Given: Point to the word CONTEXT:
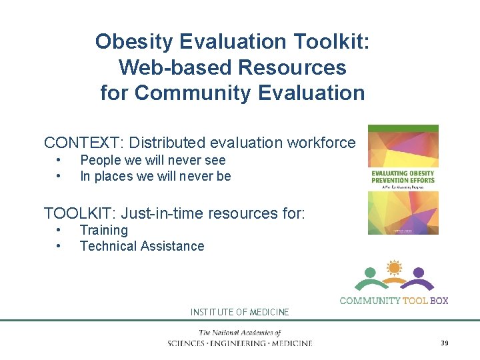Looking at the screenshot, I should point(84,143).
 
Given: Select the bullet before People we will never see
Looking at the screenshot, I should point(59,160).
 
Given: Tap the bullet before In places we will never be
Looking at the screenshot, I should point(59,176).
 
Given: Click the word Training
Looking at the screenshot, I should point(103,230).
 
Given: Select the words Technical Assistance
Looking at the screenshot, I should point(142,246).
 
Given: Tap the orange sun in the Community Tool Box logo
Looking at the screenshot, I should point(394,269).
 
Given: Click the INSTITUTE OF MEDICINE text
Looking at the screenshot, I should point(239,312).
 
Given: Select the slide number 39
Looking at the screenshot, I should point(444,343).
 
